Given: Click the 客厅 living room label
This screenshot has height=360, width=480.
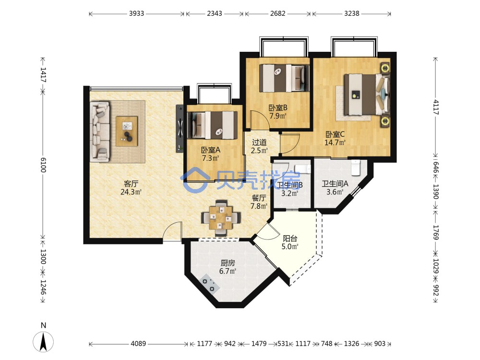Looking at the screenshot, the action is (x=131, y=184).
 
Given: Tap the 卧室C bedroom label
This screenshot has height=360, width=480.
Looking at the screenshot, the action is (x=335, y=134).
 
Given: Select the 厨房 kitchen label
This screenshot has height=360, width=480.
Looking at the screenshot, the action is (x=228, y=263).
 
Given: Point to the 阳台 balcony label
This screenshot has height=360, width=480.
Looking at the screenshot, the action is (x=290, y=239).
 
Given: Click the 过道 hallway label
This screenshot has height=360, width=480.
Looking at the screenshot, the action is (x=259, y=143).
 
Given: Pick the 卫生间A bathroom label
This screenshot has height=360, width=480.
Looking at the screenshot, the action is (x=335, y=184).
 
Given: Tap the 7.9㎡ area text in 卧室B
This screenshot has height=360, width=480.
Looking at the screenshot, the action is (x=278, y=116).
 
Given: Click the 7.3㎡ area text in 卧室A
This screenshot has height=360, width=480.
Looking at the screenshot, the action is (x=211, y=158).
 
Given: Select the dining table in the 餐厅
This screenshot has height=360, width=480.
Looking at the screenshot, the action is (x=221, y=217).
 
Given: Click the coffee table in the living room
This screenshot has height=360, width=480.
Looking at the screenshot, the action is (x=127, y=132).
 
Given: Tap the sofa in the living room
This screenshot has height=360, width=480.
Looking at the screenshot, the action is (x=100, y=132).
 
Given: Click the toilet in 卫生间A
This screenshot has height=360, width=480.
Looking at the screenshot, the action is (x=355, y=168).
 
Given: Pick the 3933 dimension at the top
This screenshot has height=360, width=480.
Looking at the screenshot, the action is (x=136, y=13).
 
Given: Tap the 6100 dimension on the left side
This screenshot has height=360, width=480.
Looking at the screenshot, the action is (x=43, y=165).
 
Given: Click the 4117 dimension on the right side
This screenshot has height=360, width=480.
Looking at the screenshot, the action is (x=436, y=108).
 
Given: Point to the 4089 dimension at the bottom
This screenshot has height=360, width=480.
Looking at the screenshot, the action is (x=138, y=344).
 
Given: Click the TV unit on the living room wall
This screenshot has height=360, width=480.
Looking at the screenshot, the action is (x=180, y=128).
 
